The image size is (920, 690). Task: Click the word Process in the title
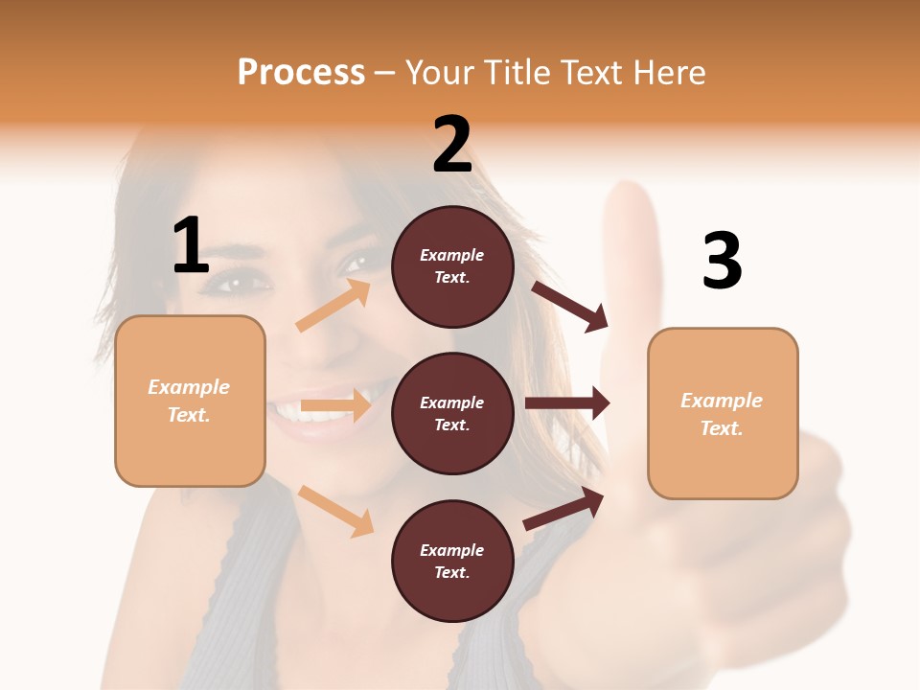[301, 73]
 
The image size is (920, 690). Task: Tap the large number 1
[191, 245]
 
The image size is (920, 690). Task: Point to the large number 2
[452, 145]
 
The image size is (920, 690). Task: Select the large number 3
[722, 262]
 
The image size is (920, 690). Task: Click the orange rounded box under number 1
[190, 401]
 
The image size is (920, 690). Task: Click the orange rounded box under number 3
[723, 414]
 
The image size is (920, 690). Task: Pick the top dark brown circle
[452, 266]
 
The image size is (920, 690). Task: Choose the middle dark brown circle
[452, 413]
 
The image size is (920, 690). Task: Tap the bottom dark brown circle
[452, 561]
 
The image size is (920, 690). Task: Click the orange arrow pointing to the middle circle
[335, 405]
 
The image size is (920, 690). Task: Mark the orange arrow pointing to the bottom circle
[335, 511]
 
